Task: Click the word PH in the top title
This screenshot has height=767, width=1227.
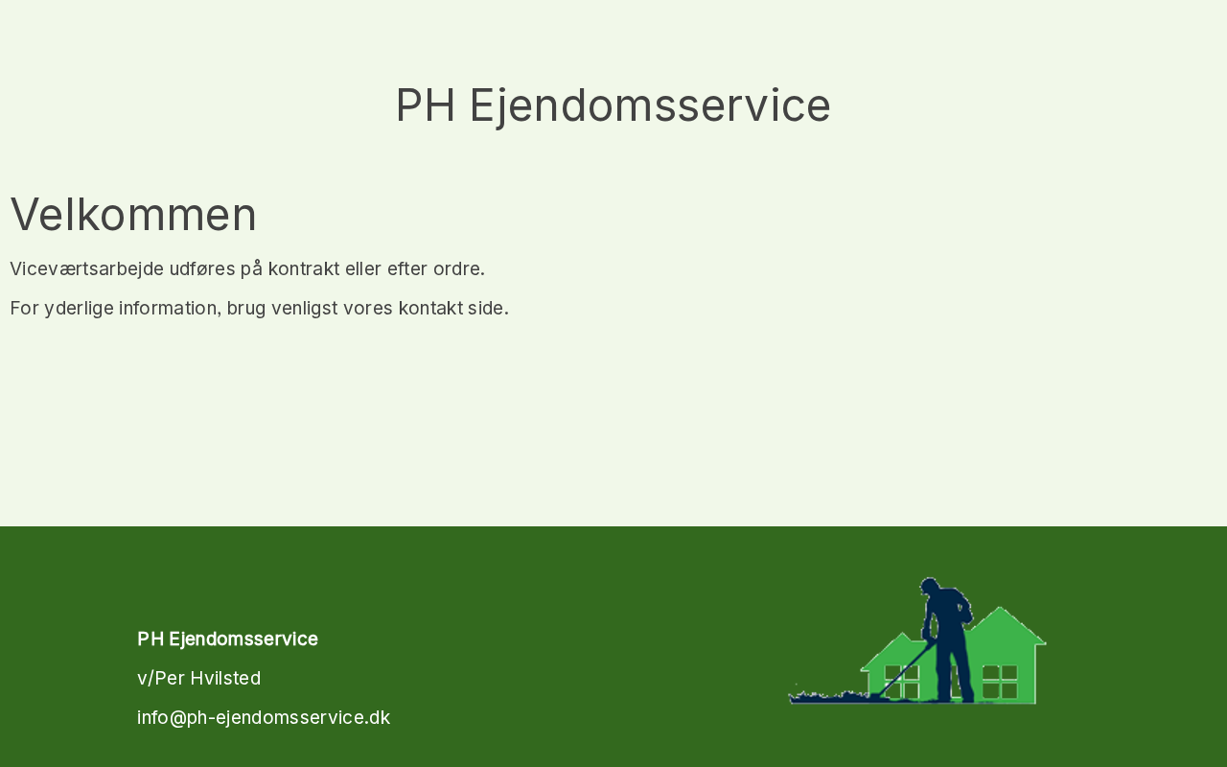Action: [x=425, y=105]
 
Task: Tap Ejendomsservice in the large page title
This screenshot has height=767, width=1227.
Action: [x=650, y=107]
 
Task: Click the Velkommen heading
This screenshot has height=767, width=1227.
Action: [x=133, y=214]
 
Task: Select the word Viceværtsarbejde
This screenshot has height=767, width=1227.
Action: [x=86, y=269]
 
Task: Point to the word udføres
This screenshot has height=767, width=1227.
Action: [x=202, y=269]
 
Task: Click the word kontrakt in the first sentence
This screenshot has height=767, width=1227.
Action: [x=304, y=269]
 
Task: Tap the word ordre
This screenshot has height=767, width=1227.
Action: [x=459, y=269]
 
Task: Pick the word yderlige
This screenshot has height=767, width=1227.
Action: [x=79, y=309]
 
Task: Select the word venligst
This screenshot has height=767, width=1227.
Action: [x=305, y=309]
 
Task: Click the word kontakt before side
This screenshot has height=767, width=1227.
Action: [x=430, y=309]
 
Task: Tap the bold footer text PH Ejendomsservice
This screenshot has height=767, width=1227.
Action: [x=227, y=639]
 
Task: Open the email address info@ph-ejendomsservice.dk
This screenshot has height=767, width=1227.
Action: [x=264, y=718]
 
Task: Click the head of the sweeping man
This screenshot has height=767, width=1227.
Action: [x=930, y=586]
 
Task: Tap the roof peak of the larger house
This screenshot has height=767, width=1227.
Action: [x=1000, y=608]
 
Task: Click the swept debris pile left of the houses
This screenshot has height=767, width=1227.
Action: [x=828, y=697]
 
